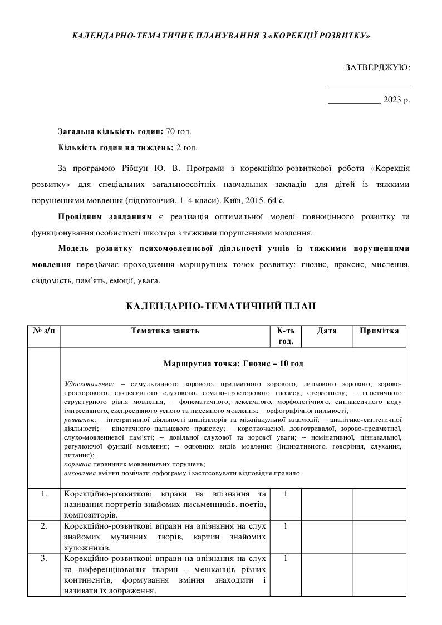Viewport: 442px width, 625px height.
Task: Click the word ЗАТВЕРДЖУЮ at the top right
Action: pos(377,67)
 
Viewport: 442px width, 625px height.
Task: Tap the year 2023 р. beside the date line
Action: pos(396,100)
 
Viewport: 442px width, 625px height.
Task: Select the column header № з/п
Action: pos(44,331)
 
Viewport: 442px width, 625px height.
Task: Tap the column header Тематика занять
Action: pos(165,331)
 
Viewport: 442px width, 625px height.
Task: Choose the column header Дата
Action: pos(327,331)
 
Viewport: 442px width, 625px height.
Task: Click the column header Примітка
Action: pos(379,331)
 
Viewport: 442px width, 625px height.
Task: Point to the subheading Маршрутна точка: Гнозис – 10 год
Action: pos(233,363)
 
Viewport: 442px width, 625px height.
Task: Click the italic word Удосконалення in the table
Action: pos(89,384)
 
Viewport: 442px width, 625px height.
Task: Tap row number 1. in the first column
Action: pos(44,494)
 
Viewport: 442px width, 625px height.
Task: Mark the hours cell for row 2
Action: pos(286,525)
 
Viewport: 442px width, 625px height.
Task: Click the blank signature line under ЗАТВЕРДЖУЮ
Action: pos(367,86)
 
